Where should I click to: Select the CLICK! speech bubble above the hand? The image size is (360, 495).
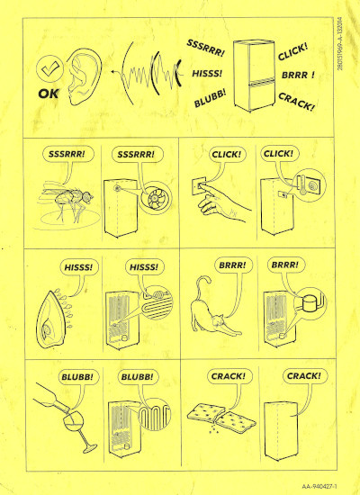pyautogui.click(x=228, y=154)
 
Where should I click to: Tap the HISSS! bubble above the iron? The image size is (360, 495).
pyautogui.click(x=78, y=267)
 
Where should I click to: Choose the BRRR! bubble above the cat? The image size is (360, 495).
pyautogui.click(x=237, y=265)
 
